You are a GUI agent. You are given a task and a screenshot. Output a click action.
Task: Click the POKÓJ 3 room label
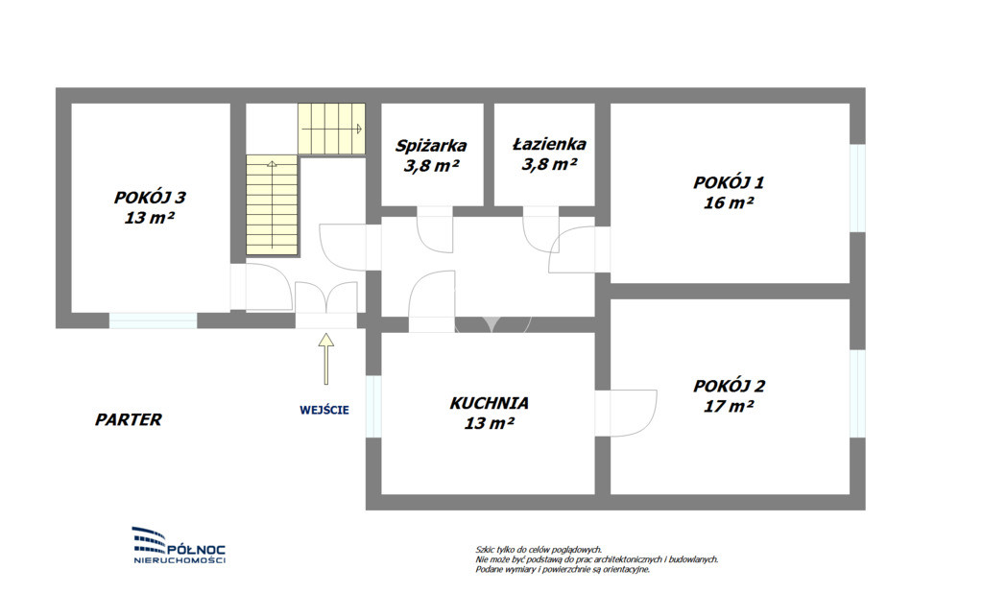(150, 198)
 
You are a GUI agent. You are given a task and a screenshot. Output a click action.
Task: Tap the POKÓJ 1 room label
(729, 182)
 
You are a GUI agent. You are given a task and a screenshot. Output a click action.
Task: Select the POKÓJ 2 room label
(730, 386)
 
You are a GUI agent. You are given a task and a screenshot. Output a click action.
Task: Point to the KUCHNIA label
(489, 403)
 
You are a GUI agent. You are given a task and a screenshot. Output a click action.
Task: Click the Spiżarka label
(431, 146)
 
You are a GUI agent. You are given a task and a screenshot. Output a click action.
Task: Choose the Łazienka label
(549, 144)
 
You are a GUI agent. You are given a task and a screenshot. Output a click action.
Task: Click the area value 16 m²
(729, 202)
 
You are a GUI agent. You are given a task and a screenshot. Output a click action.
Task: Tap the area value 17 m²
(729, 406)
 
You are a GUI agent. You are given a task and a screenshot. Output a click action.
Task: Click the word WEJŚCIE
(324, 410)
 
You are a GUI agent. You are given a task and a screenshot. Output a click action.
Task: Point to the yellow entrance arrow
(325, 358)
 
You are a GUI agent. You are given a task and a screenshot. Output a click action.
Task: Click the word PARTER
(129, 419)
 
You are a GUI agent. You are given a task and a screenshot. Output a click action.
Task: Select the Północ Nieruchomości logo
(180, 545)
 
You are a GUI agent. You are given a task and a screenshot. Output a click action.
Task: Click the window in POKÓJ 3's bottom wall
(154, 320)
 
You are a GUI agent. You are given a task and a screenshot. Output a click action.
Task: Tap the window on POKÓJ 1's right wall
(857, 188)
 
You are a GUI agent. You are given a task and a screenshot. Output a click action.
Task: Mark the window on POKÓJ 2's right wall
(857, 393)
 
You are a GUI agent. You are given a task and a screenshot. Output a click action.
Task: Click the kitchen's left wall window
(373, 406)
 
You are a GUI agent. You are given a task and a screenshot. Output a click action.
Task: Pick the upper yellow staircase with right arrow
(331, 129)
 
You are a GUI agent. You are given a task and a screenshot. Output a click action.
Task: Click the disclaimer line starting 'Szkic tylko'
(539, 550)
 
